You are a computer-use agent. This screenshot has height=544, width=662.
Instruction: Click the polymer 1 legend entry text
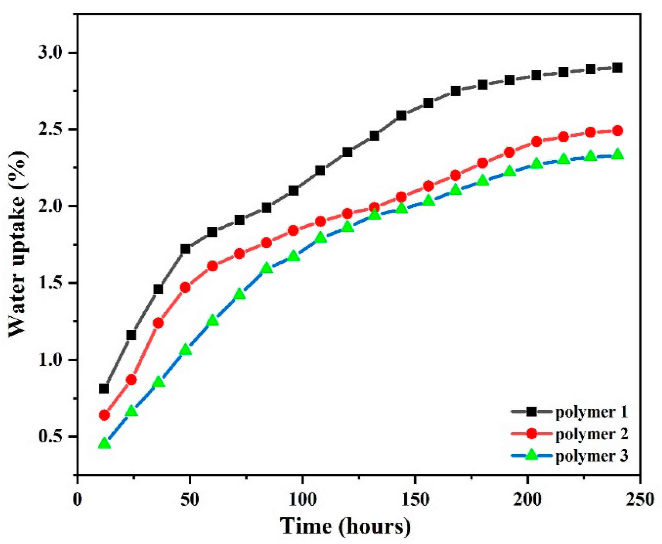click(x=591, y=413)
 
